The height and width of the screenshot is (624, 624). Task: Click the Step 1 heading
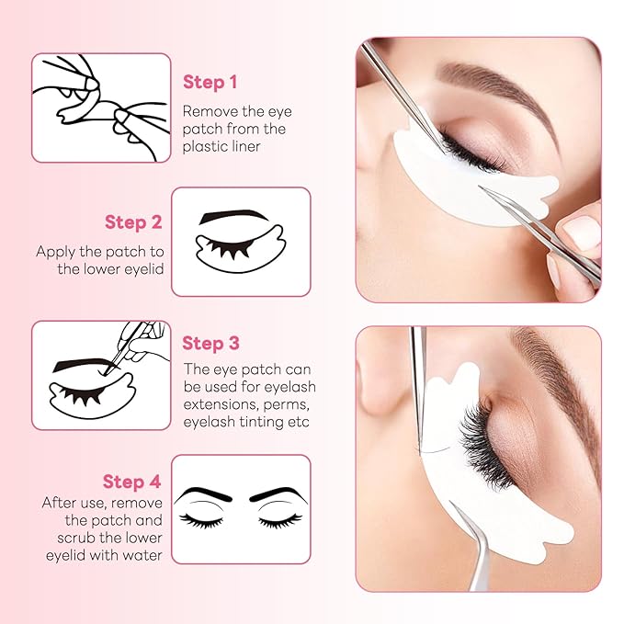[210, 82]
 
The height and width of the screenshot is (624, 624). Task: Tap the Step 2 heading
[133, 221]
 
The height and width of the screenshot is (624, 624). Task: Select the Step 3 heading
[210, 343]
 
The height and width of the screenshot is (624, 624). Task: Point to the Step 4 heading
[132, 482]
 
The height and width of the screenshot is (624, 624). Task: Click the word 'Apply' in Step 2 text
[56, 251]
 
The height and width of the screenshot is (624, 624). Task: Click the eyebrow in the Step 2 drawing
[234, 216]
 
